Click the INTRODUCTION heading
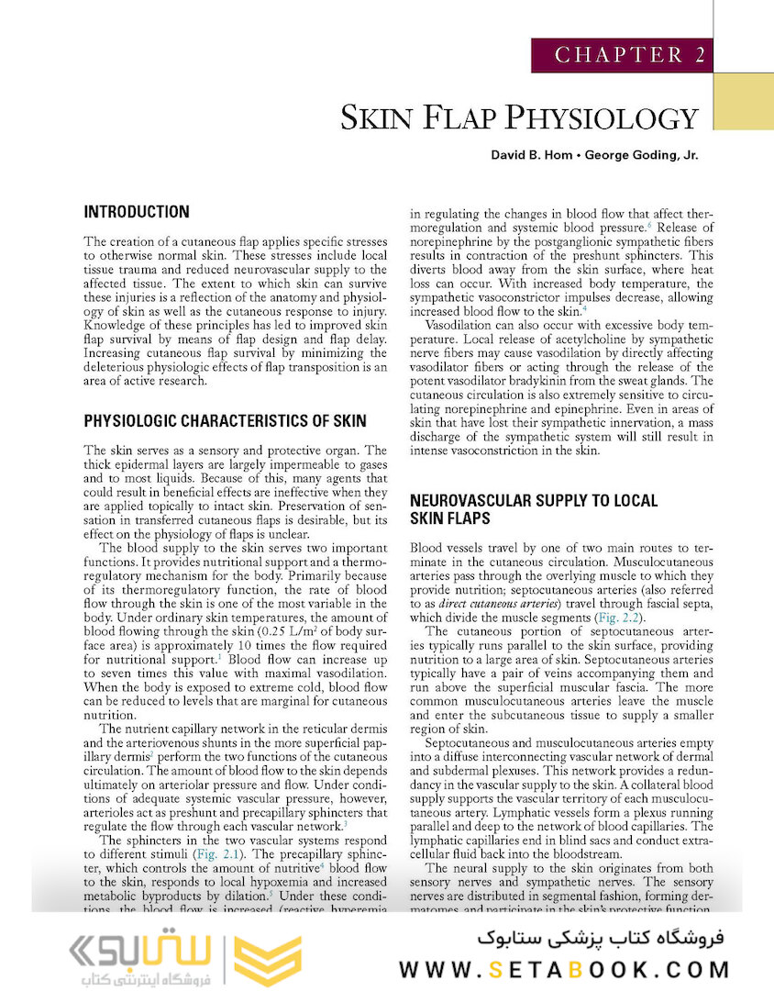coord(137,212)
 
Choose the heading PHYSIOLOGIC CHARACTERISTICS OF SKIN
coord(225,421)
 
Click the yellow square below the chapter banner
coord(743,102)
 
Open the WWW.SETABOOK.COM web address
coord(564,969)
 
